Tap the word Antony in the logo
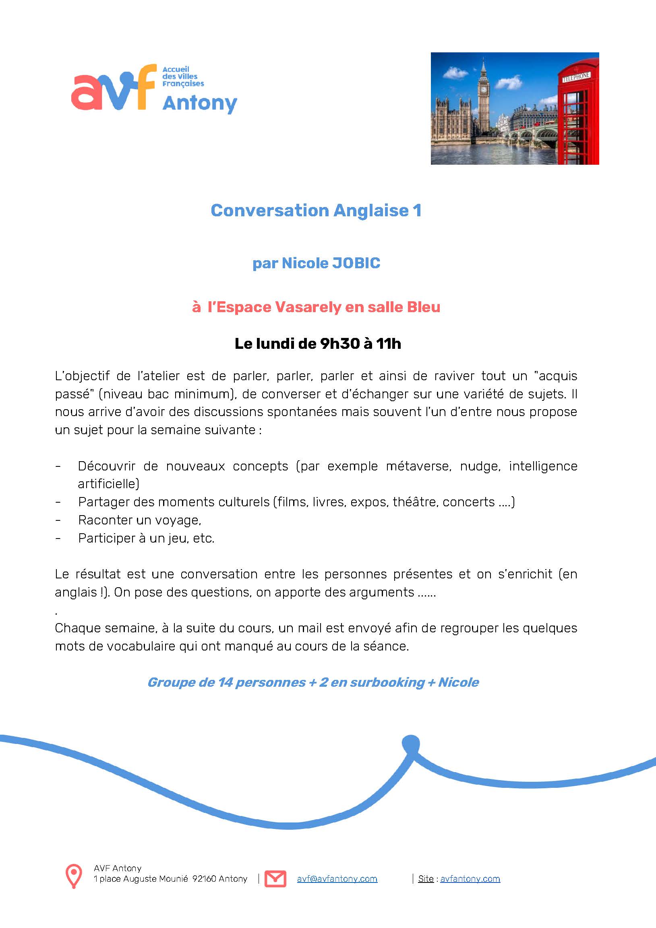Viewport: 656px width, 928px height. point(200,104)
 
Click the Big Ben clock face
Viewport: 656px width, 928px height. point(483,89)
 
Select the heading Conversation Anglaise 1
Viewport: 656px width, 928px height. point(316,211)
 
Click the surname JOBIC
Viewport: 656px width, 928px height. point(356,263)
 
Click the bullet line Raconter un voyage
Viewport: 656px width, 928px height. point(139,520)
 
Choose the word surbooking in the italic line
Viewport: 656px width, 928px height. point(387,683)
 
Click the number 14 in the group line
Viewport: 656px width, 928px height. point(225,683)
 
